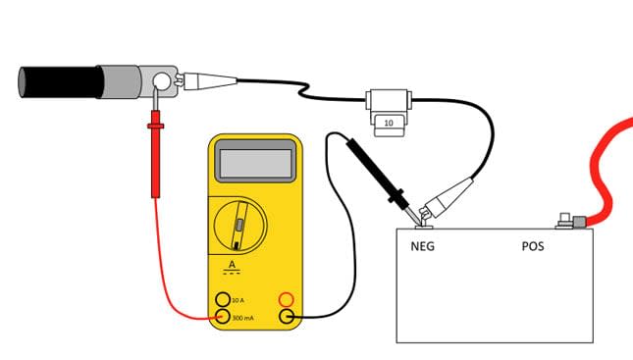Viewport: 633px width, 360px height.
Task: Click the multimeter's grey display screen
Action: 255,160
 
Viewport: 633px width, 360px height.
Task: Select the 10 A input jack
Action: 223,298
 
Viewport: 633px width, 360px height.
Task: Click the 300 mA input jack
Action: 223,316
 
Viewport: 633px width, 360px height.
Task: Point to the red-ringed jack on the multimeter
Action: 287,298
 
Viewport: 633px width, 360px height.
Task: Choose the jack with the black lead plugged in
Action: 287,316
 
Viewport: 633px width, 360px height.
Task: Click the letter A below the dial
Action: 232,265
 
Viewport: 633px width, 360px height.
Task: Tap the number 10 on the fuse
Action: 389,124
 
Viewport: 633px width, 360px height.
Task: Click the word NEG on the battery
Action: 423,246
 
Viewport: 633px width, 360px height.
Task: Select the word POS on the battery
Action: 533,246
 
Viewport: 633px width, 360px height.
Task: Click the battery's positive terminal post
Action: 565,222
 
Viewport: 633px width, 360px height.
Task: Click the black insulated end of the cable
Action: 59,81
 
